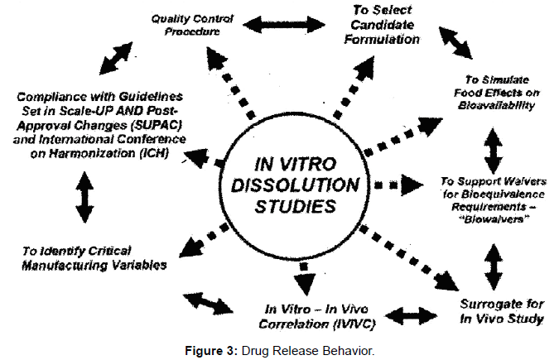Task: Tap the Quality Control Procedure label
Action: [193, 26]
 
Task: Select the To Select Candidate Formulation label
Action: [381, 26]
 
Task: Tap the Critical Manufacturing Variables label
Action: [92, 258]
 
